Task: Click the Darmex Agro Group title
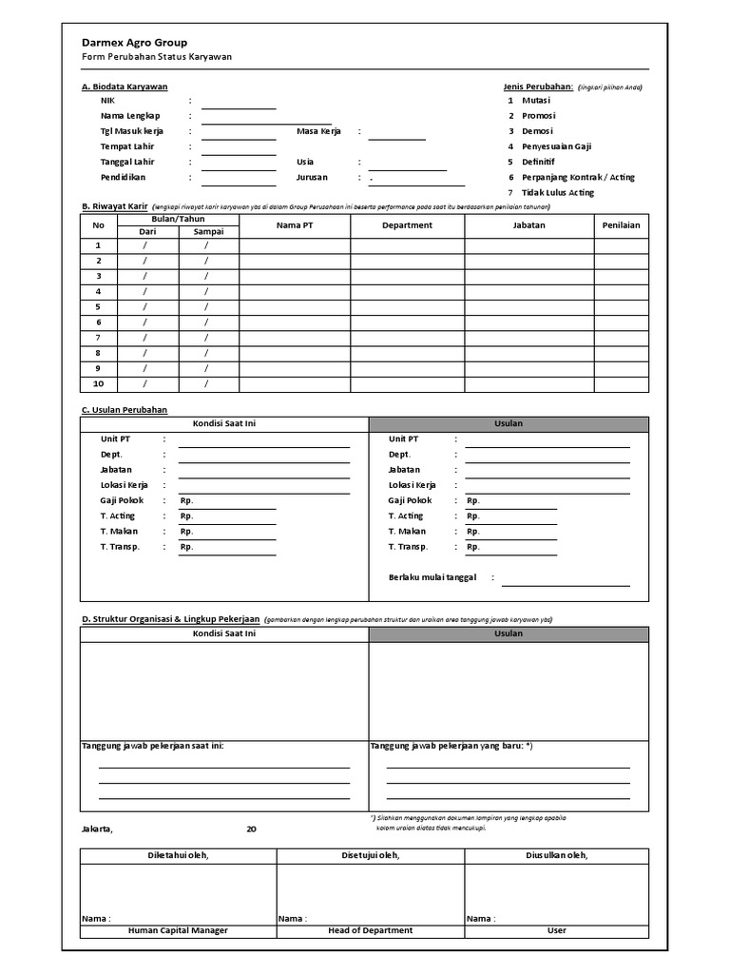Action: click(x=134, y=43)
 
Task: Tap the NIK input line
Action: click(x=238, y=102)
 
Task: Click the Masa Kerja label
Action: click(x=318, y=131)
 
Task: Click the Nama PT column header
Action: click(x=294, y=225)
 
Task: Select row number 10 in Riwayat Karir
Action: click(x=98, y=384)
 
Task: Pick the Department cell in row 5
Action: click(x=407, y=307)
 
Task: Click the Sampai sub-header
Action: click(x=208, y=231)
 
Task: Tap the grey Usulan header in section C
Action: click(x=509, y=423)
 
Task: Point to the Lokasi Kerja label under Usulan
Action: click(x=412, y=485)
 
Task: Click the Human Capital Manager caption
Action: click(x=178, y=930)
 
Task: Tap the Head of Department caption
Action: click(x=370, y=930)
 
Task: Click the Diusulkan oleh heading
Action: click(x=556, y=855)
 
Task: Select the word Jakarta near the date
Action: click(x=98, y=828)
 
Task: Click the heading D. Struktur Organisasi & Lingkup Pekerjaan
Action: click(x=171, y=618)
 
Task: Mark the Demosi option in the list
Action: click(x=536, y=131)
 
